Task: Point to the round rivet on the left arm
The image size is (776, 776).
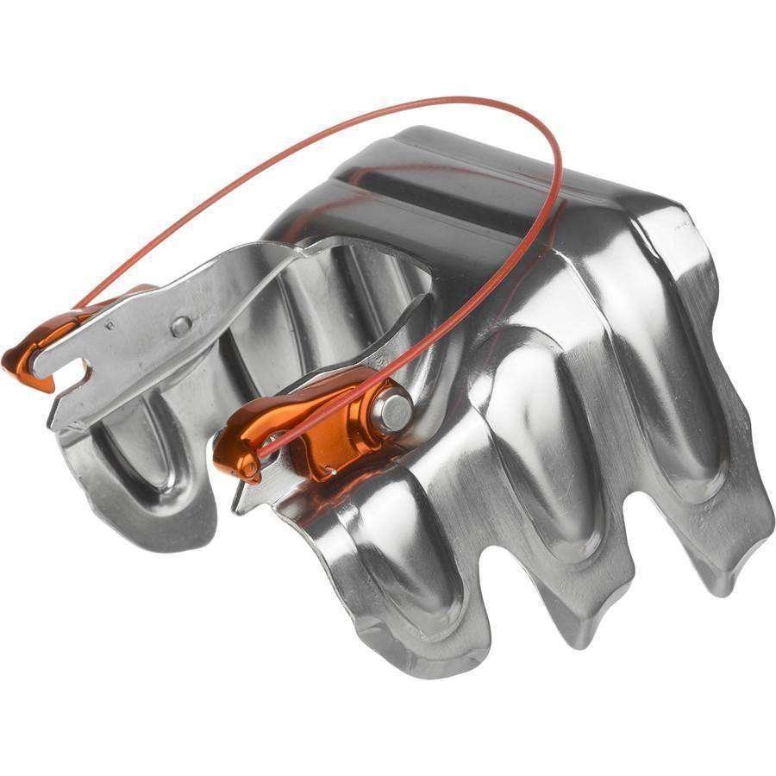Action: point(180,326)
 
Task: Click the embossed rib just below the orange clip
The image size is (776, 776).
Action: point(405,552)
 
